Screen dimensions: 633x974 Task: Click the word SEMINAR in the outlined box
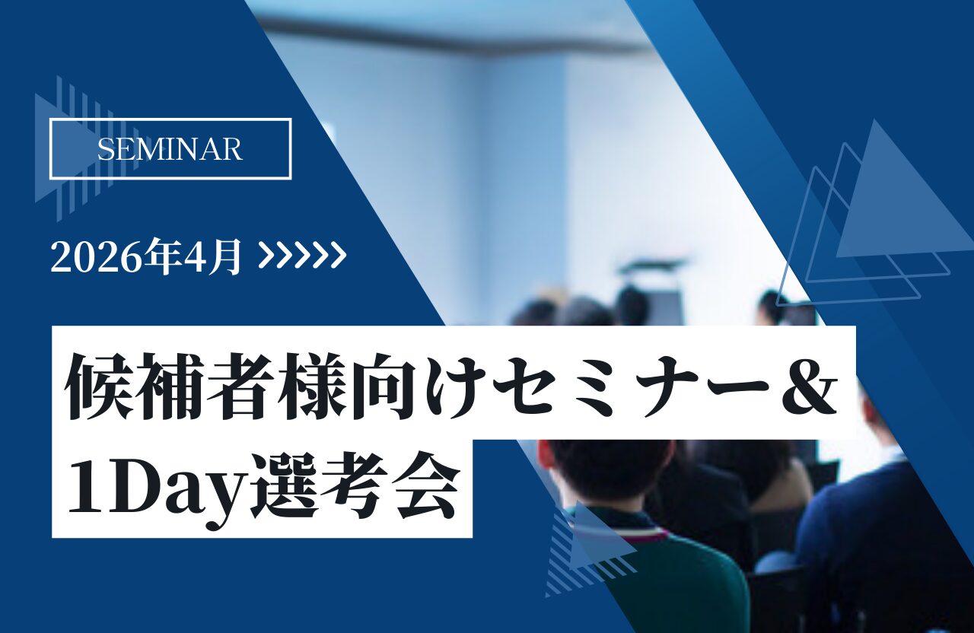tap(170, 149)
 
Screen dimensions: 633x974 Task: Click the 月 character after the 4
tap(226, 258)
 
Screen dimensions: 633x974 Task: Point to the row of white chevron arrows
tap(302, 256)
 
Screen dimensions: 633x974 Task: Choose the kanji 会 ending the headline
tap(424, 485)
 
